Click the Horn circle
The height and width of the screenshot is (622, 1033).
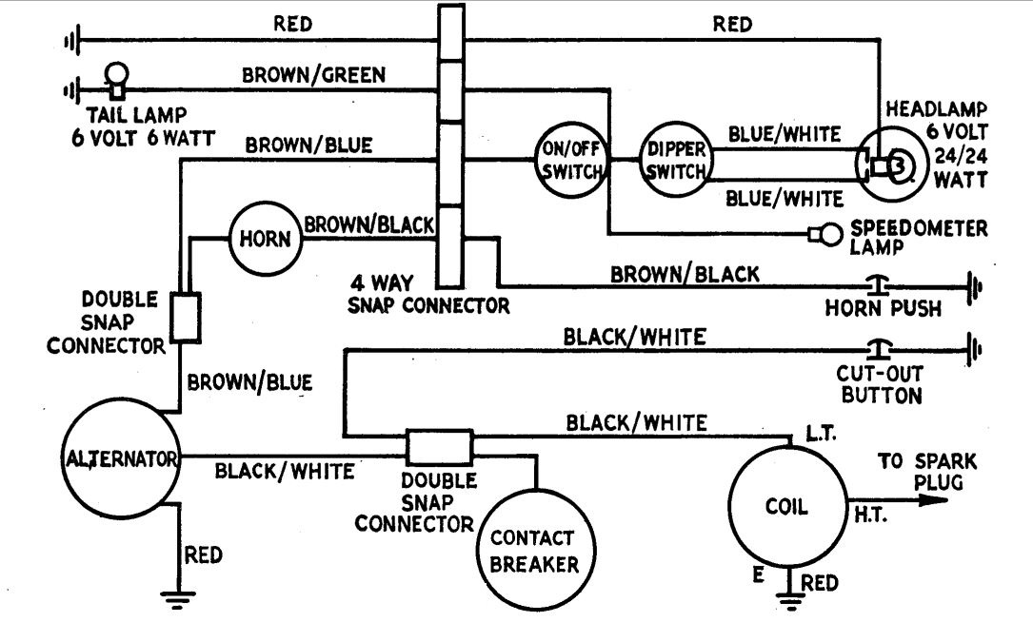click(x=265, y=238)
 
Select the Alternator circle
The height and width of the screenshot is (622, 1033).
click(x=122, y=459)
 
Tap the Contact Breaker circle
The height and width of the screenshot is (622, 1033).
click(x=534, y=550)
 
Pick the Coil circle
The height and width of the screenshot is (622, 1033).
click(x=786, y=506)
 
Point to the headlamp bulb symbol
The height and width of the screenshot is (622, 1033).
click(x=895, y=167)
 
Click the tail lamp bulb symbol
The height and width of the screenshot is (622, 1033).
click(x=117, y=78)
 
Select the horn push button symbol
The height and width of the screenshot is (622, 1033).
click(x=876, y=282)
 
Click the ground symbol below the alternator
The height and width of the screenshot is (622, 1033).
click(x=173, y=598)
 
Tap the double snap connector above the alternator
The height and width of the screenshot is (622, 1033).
click(x=185, y=316)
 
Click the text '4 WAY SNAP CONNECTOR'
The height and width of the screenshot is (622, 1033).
click(x=431, y=295)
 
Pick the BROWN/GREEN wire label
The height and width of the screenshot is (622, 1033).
click(x=313, y=73)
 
